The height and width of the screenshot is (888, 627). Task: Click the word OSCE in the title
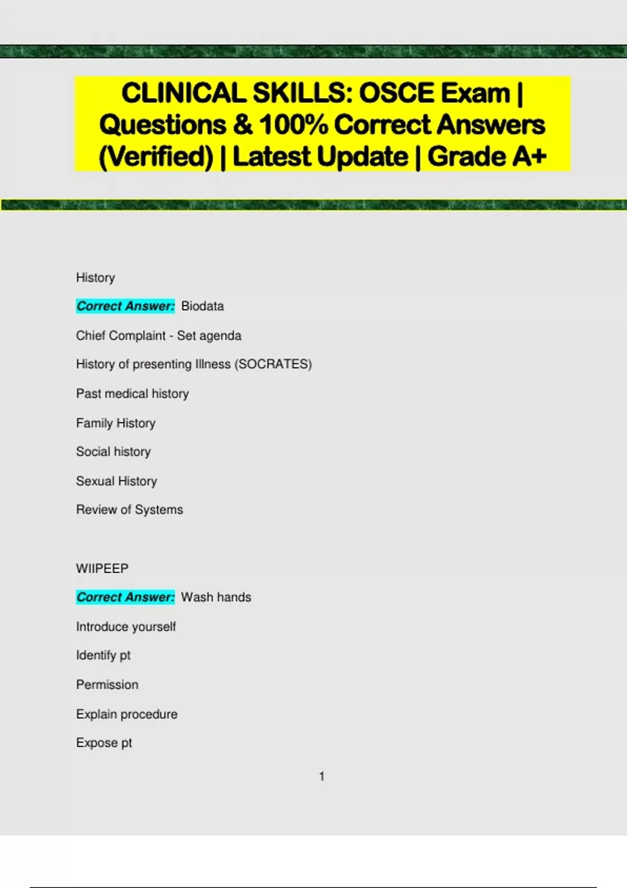(x=397, y=94)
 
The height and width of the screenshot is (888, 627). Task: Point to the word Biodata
(x=202, y=306)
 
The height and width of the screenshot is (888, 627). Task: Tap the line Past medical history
(x=132, y=393)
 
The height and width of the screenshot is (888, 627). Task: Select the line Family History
(x=115, y=423)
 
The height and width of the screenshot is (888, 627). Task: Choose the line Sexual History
(x=117, y=481)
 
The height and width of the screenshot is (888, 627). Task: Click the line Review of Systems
(x=130, y=509)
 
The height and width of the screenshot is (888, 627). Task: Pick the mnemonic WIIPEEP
(x=102, y=568)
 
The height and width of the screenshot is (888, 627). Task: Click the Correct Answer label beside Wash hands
(x=125, y=597)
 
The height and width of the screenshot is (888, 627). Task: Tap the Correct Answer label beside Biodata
(x=125, y=306)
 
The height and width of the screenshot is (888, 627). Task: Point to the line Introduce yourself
(x=126, y=626)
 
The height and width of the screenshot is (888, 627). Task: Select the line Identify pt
(x=103, y=655)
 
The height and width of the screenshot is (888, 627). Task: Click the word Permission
(x=107, y=684)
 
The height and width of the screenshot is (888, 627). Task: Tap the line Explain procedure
(x=126, y=714)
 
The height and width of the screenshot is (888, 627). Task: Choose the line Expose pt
(x=104, y=742)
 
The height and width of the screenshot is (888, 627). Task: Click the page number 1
(x=322, y=776)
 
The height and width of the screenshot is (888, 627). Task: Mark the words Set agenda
(x=209, y=335)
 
